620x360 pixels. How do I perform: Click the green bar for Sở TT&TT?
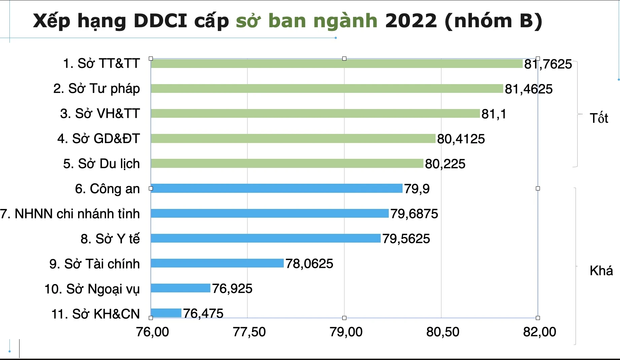337,64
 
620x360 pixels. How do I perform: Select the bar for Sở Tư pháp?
326,88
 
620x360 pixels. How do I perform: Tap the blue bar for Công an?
276,188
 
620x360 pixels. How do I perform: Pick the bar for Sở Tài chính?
217,263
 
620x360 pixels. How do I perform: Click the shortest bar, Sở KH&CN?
166,313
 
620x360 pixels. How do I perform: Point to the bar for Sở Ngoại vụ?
180,288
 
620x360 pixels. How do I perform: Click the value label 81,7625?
548,64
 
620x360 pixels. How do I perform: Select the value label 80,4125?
461,139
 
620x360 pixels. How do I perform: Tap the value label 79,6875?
414,214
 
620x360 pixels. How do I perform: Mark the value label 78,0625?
309,263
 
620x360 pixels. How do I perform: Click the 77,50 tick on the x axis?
249,332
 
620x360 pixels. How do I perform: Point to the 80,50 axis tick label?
443,332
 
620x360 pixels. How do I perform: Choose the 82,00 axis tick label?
539,332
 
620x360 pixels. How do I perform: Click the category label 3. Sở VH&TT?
100,114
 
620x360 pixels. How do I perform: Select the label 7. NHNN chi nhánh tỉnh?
70,214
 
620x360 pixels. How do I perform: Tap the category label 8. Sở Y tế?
110,239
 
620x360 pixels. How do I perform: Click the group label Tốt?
599,118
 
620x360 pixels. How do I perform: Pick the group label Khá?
601,271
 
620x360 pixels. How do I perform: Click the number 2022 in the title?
411,21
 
